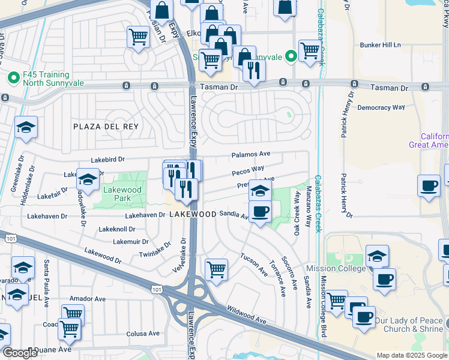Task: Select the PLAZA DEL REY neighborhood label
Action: pos(106,127)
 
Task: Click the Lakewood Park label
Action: pos(122,194)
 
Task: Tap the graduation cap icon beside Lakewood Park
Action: pos(88,180)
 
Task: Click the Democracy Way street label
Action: pos(381,107)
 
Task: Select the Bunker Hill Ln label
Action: pos(380,45)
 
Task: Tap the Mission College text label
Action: pos(336,268)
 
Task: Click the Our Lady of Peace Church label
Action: pos(409,325)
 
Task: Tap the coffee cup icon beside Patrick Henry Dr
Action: pos(429,186)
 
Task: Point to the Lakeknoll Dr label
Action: pos(117,229)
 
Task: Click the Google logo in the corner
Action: pos(20,353)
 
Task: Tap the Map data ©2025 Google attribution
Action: pos(412,355)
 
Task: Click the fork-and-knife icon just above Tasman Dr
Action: pos(254,71)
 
